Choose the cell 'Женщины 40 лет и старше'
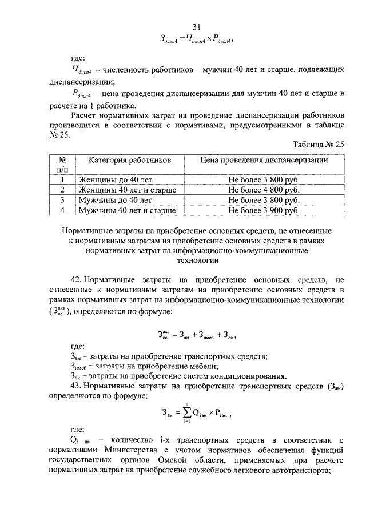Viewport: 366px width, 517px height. [x=127, y=190]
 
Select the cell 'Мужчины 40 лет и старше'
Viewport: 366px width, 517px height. [x=127, y=211]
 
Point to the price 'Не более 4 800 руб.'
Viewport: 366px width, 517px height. [x=264, y=190]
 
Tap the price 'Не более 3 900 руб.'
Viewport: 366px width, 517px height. [x=264, y=211]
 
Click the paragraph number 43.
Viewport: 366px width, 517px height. [x=76, y=387]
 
